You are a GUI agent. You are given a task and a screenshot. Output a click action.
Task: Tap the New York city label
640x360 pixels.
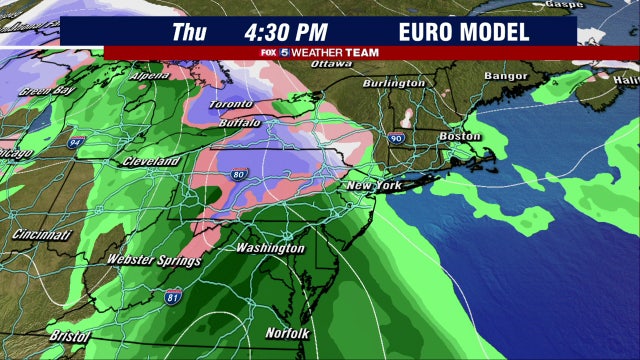(373, 187)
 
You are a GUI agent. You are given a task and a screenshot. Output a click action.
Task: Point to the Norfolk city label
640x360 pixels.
(288, 333)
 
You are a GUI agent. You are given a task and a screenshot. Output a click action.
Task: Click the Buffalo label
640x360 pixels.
(239, 123)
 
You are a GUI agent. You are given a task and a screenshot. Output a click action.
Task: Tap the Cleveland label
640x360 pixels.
(151, 162)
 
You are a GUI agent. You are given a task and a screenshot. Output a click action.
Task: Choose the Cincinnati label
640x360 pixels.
(42, 235)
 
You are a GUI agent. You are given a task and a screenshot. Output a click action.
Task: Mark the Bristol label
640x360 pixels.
(67, 337)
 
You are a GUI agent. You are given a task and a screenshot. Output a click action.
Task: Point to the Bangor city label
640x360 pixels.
(505, 76)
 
